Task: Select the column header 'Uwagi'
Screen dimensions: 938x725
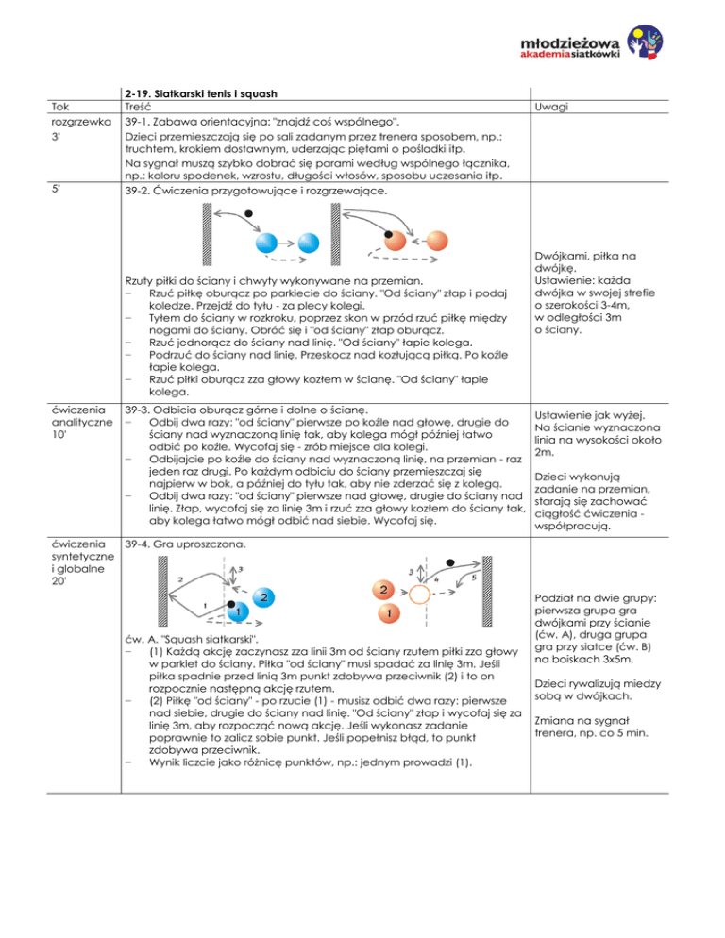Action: click(553, 109)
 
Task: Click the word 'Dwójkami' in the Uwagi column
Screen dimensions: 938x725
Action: click(564, 253)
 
